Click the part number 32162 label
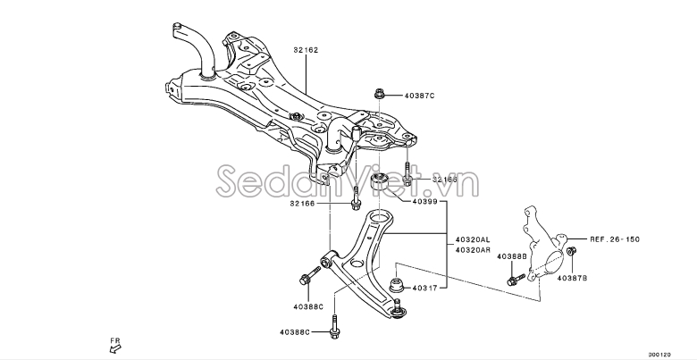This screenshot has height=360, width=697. (306, 50)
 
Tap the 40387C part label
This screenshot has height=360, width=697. (419, 96)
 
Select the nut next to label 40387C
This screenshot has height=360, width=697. (379, 94)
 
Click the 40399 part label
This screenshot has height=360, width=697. (425, 201)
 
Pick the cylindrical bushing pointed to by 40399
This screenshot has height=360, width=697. (379, 187)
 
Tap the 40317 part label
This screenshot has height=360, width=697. (425, 288)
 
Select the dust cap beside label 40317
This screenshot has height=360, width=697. (397, 285)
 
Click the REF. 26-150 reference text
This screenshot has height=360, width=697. (615, 239)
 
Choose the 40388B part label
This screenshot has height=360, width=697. (512, 256)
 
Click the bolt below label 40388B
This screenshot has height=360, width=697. (516, 280)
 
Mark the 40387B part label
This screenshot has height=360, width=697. (572, 278)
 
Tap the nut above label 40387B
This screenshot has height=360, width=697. (572, 251)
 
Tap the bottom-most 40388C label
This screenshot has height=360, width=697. (295, 332)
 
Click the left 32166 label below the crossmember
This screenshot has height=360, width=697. (302, 204)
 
